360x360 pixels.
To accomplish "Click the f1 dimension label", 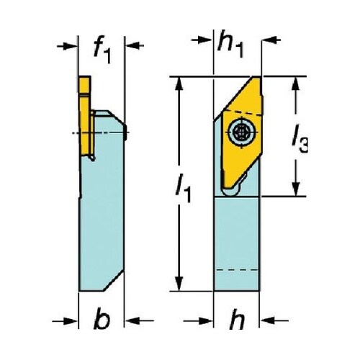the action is pos(102,49).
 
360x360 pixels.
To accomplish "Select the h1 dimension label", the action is pos(230,44).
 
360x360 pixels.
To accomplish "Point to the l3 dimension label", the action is pos(300,140).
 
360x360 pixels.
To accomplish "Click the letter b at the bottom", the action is pos(102,318).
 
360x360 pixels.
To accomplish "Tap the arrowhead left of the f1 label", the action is pos(71,46).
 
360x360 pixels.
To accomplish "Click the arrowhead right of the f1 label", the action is pos(132,45).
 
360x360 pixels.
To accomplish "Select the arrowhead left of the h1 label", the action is pos(207,40).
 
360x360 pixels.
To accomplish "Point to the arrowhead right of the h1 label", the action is pos(269,40).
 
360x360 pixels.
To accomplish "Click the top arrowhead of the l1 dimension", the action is pos(179,84).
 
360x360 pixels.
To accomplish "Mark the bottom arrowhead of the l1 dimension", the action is pos(179,284).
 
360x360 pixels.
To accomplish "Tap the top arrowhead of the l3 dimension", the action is pos(296,84).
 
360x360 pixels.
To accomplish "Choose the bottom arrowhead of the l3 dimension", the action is pos(296,189).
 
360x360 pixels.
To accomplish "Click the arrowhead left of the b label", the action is pos(71,320).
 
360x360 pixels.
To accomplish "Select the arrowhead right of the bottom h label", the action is pos(267,320).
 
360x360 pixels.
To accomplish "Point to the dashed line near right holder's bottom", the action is pos(237,270).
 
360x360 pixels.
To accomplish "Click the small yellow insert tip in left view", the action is pos(85,85).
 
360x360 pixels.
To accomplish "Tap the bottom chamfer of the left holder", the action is pos(114,280).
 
